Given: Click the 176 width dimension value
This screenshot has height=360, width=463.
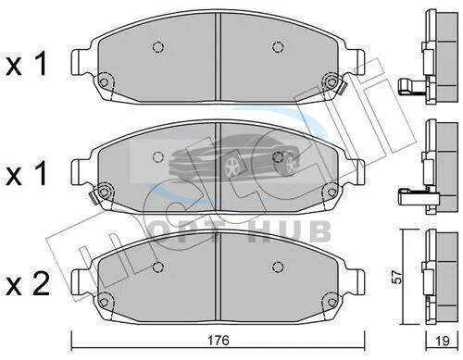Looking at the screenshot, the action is (219, 341).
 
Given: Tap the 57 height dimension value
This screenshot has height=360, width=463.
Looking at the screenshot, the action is (399, 277).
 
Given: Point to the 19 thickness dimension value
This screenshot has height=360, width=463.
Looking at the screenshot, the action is (443, 341).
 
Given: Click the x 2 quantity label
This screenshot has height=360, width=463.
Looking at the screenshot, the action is (28, 285).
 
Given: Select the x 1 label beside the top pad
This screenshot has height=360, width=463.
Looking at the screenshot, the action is (26, 64).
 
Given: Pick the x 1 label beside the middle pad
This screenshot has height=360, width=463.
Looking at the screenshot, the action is (26, 173).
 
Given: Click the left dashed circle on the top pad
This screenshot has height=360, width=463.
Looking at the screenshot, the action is (158, 47).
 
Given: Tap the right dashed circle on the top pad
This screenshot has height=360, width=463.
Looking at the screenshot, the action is (278, 47).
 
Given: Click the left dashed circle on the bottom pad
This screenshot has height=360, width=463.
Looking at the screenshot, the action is (158, 267).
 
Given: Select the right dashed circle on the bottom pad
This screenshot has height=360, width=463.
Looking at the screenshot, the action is (278, 267).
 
